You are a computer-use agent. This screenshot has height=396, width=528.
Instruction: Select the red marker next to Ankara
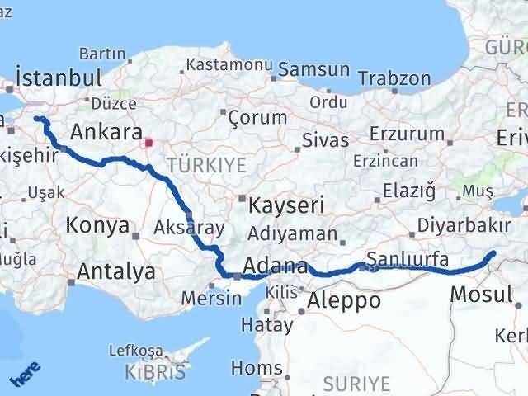tap(148, 143)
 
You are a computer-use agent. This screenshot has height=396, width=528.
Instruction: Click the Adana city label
tap(276, 267)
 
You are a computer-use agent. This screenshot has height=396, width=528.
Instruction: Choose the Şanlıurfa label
tap(408, 259)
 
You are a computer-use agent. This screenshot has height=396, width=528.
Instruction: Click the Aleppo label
tap(343, 300)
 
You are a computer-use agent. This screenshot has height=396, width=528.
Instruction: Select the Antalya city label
tap(116, 271)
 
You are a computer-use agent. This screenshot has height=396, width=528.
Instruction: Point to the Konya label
tap(98, 225)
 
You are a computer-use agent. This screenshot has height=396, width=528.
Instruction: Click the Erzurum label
tap(402, 133)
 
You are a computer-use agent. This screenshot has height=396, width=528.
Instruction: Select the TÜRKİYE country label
tap(206, 166)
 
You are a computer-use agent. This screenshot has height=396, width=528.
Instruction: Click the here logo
tap(25, 375)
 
